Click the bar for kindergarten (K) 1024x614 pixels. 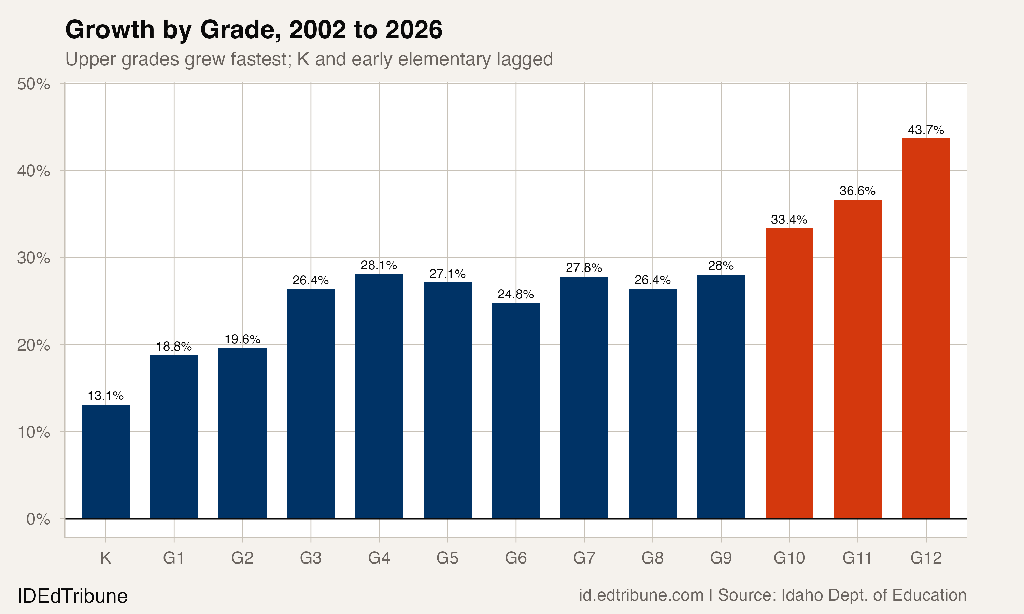[x=105, y=461]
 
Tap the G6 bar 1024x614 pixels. [x=516, y=410]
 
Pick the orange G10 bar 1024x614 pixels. [x=789, y=373]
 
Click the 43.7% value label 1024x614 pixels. [x=926, y=130]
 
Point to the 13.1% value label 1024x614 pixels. [x=105, y=396]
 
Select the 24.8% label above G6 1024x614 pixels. [x=516, y=294]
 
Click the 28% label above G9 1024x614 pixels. [x=721, y=266]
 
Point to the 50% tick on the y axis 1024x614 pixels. [x=33, y=84]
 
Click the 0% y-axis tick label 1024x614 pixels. [x=38, y=519]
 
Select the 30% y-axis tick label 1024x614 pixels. [x=33, y=258]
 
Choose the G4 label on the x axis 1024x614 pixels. [x=379, y=558]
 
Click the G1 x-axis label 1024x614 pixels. [x=173, y=558]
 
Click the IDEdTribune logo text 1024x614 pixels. [x=72, y=596]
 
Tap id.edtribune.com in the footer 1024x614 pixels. [x=641, y=595]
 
